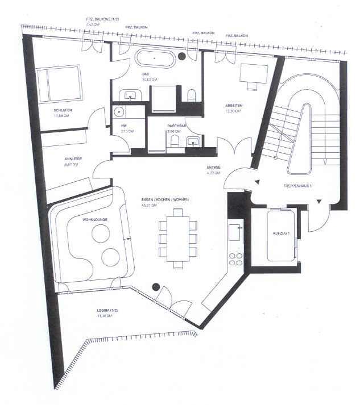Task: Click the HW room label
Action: tap(123, 126)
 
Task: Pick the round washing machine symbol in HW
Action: tap(119, 112)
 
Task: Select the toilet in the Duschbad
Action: tap(175, 141)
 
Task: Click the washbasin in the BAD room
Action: tap(130, 96)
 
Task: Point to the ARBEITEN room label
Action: tap(233, 105)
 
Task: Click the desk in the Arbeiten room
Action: tap(250, 74)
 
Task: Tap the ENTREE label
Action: tap(213, 167)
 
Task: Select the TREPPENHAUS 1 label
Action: tap(297, 186)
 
